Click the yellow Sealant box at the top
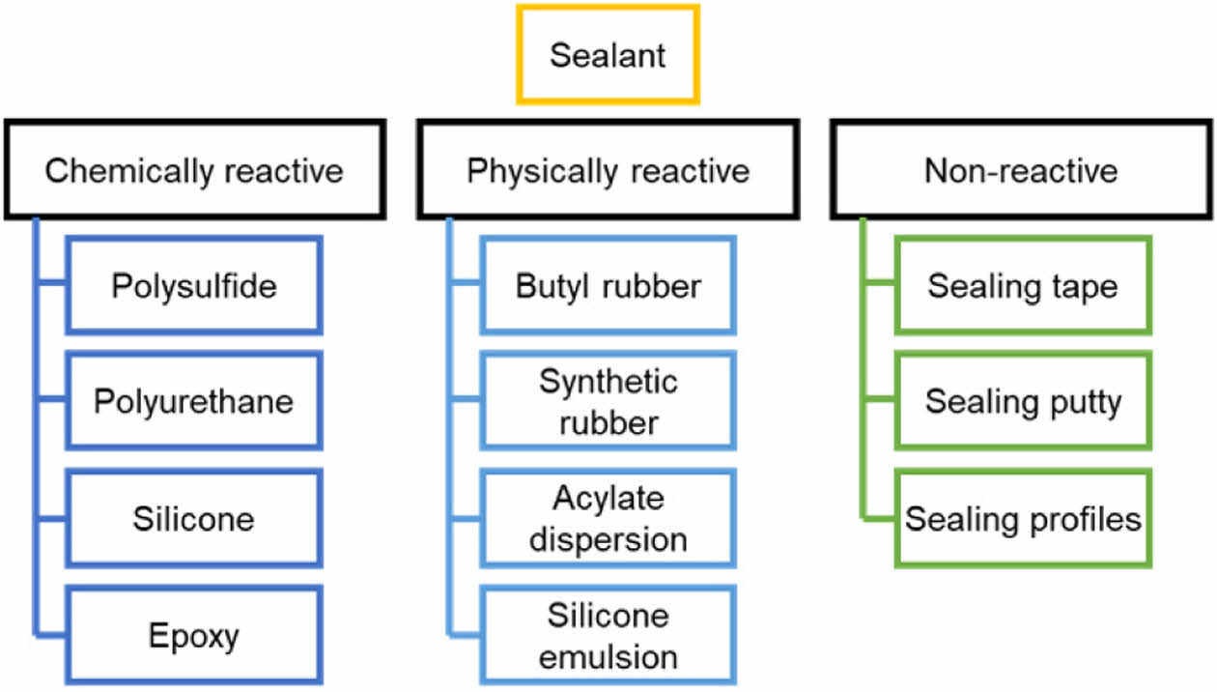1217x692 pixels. (x=608, y=54)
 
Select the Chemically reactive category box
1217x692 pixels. (x=194, y=171)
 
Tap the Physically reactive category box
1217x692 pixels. (x=608, y=171)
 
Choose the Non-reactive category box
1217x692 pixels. (x=1021, y=171)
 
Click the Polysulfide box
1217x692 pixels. (x=194, y=286)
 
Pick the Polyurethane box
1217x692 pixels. (x=194, y=402)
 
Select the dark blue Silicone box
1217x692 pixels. (x=194, y=519)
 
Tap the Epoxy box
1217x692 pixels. (x=194, y=636)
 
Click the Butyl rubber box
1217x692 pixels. (x=608, y=286)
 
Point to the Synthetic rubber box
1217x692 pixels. (x=608, y=402)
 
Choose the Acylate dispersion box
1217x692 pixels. (x=608, y=519)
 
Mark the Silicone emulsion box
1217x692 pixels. (x=608, y=636)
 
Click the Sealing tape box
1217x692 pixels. (x=1023, y=286)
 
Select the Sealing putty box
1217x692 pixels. (x=1023, y=402)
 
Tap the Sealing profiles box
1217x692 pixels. (x=1023, y=519)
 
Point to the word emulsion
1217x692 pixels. (x=608, y=656)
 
